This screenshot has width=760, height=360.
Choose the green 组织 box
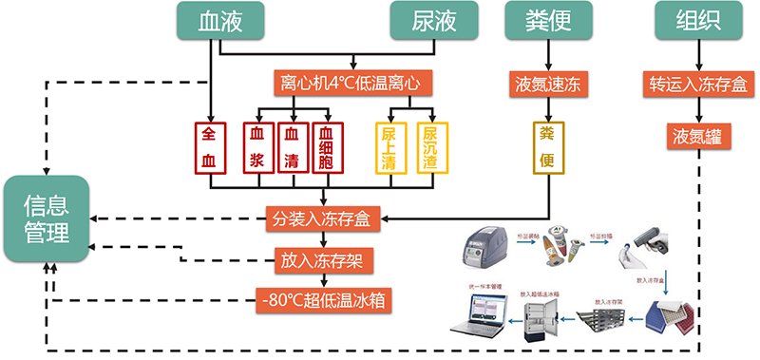click(698, 21)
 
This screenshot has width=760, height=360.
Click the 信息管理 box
click(47, 219)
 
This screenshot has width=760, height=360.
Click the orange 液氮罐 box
click(698, 134)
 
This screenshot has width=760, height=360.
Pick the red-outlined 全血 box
click(209, 148)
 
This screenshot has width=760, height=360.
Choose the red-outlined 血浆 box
click(256, 148)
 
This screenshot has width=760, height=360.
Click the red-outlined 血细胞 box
click(327, 148)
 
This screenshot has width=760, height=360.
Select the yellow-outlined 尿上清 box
click(389, 148)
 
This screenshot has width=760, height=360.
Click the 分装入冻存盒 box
click(325, 219)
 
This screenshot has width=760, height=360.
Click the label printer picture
click(484, 253)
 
